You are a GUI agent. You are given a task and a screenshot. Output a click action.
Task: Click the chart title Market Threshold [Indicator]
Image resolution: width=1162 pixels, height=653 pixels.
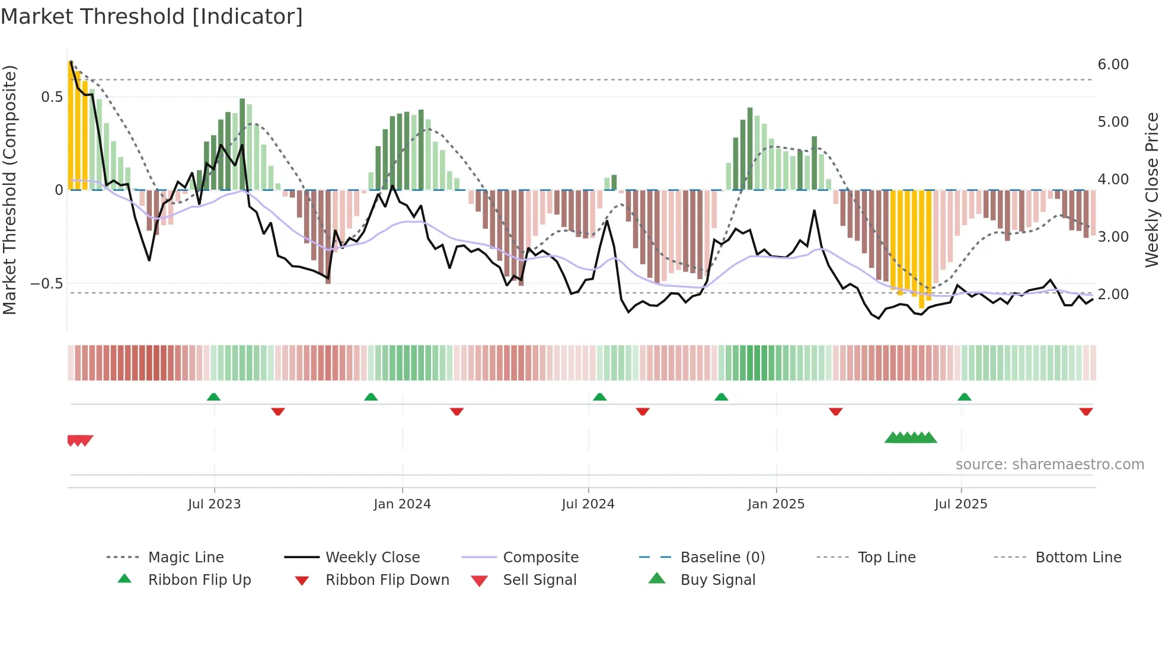coord(152,17)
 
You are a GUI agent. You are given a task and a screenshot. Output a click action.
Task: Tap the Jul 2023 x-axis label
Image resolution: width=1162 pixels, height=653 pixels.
coord(214,504)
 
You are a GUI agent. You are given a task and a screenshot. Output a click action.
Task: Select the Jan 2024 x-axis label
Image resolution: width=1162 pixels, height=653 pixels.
coord(402,504)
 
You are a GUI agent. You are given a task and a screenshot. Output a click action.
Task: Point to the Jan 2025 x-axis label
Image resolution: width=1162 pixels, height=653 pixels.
coord(775,504)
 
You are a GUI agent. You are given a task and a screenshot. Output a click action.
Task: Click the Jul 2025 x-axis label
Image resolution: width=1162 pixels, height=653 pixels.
coord(960,504)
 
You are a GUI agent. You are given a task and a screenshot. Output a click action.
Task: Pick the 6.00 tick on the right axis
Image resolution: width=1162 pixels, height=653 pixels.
coord(1113,65)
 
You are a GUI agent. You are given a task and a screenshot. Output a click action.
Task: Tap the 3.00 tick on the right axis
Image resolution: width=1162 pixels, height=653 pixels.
coord(1113,237)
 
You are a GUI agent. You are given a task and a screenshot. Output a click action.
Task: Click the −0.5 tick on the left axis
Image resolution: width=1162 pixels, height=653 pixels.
coord(46,284)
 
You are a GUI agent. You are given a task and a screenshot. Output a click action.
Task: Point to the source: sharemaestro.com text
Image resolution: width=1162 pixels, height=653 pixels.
coord(1049,465)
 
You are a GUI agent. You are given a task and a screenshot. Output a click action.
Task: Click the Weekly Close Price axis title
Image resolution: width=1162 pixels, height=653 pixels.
coord(1151,190)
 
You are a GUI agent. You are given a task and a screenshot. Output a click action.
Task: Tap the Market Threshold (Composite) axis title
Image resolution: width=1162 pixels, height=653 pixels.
coord(9,190)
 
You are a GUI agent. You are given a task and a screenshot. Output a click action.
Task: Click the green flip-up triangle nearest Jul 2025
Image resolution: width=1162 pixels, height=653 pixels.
coord(964,397)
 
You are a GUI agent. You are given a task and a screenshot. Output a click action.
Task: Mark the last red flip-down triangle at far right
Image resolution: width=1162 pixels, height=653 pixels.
coord(1086,411)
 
